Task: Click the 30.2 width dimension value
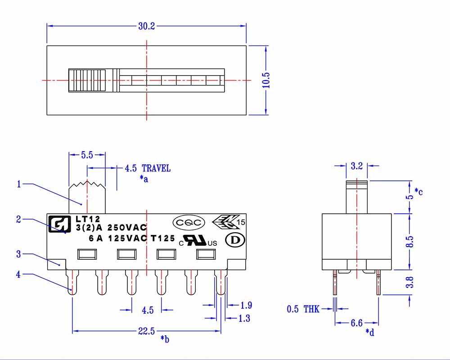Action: coord(146,27)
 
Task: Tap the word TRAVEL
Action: coord(156,168)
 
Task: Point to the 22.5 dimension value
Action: coord(146,332)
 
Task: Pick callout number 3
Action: coord(18,254)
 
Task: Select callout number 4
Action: coord(18,274)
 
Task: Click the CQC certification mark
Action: coord(189,222)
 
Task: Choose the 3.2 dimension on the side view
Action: coord(356,166)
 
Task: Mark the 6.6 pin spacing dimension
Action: coord(356,323)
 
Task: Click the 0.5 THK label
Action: coord(303,309)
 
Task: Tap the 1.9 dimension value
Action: coord(246,306)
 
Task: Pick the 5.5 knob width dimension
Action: coord(87,155)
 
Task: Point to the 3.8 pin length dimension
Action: coord(409,283)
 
